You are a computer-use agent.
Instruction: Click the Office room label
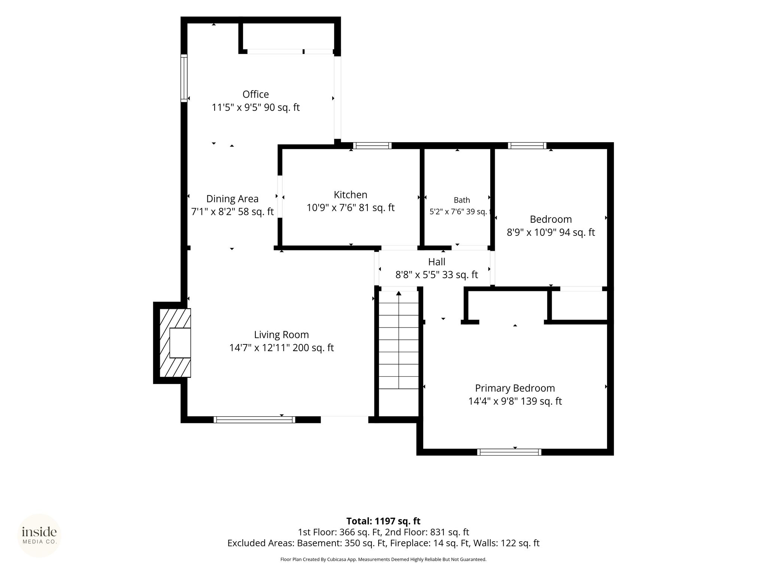coord(255,94)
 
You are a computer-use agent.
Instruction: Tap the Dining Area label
coord(232,199)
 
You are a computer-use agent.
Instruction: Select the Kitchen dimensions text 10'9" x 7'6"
coord(331,208)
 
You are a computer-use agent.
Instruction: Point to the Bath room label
coord(462,200)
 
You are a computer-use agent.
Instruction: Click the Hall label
coord(437,262)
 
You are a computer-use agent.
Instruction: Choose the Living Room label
coord(281,335)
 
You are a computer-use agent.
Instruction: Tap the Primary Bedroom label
coord(515,388)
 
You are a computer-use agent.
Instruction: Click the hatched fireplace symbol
coord(175,343)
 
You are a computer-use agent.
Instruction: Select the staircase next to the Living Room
coord(398,340)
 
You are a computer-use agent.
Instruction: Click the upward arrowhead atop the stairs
coord(398,293)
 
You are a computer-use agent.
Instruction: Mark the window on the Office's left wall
coord(184,78)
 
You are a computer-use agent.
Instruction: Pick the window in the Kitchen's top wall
coord(372,146)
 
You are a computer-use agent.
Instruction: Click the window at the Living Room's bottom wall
coord(254,420)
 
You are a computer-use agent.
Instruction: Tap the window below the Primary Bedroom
coord(509,452)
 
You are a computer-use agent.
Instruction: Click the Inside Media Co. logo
coord(39,536)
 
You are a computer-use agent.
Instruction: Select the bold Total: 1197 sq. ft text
coord(383,521)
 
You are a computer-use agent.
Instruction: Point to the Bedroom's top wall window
coord(527,146)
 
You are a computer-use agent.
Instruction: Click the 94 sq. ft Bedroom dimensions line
coord(551,232)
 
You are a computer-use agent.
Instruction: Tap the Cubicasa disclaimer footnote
coord(383,560)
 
